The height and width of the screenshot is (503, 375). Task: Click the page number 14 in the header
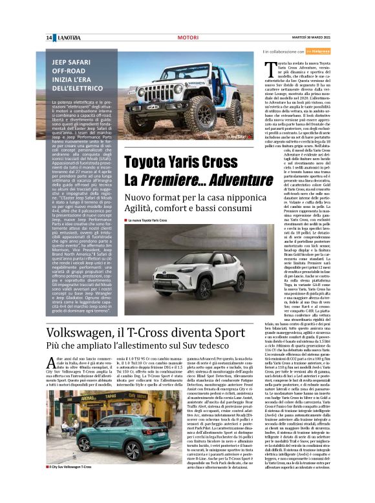48,38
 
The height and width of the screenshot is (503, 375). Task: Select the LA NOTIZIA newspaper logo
68,38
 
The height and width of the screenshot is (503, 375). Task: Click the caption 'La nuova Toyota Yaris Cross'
153,221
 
